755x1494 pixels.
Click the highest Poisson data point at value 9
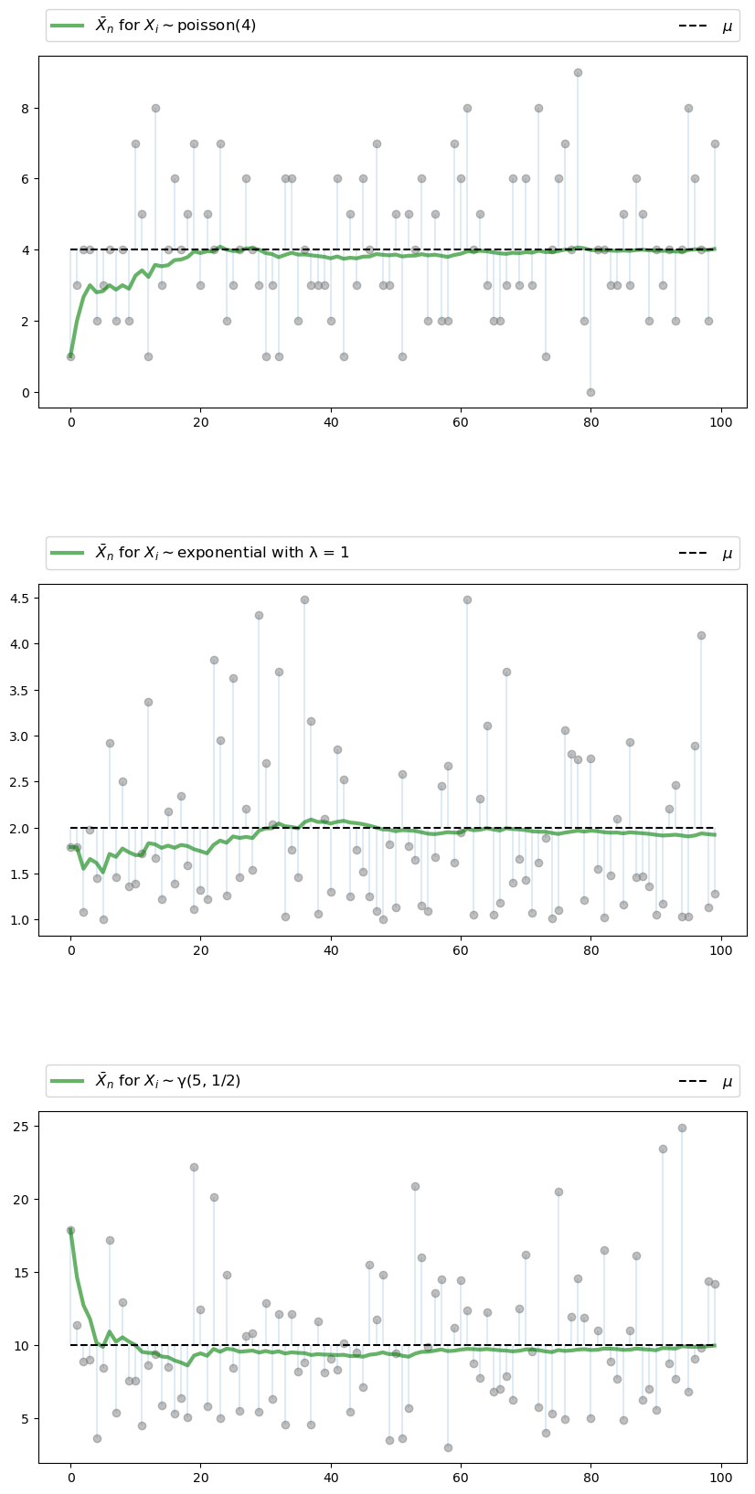pyautogui.click(x=578, y=72)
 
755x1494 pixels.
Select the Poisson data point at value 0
pyautogui.click(x=590, y=392)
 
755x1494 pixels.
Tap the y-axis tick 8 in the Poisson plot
pyautogui.click(x=26, y=108)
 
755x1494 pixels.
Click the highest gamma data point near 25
pyautogui.click(x=682, y=1128)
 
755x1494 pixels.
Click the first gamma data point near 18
pyautogui.click(x=70, y=1230)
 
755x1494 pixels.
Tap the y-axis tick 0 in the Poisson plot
pyautogui.click(x=26, y=392)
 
